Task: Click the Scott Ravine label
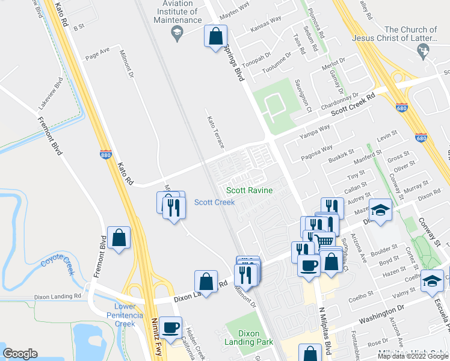click(249, 191)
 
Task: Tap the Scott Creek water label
click(214, 202)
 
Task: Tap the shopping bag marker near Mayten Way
click(215, 37)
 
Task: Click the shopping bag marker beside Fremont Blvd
click(119, 238)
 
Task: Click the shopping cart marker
click(325, 241)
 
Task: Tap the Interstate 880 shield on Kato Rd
click(106, 155)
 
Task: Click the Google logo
click(20, 353)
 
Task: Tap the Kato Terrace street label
click(215, 132)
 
